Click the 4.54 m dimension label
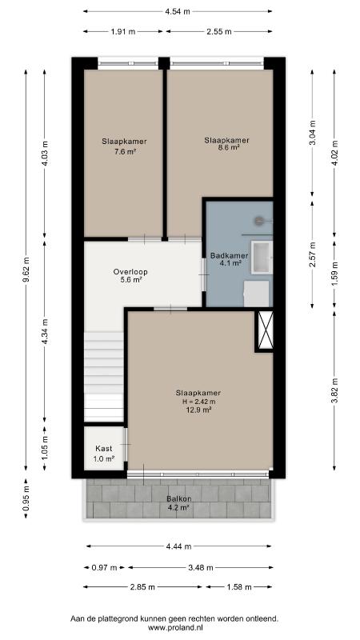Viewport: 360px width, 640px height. (178, 11)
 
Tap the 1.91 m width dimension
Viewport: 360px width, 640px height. (123, 31)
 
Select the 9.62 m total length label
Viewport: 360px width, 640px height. (26, 270)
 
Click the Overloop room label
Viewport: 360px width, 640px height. (130, 272)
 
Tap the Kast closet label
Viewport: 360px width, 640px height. (104, 449)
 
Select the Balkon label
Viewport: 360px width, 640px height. (179, 498)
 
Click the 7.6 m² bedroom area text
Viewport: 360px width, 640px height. (126, 151)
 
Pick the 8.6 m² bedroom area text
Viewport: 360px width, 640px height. (228, 148)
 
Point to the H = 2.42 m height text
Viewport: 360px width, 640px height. (198, 402)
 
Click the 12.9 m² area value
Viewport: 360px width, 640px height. (198, 410)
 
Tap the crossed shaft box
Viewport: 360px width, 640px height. (265, 330)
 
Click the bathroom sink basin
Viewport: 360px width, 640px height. (262, 257)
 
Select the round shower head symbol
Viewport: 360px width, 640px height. (259, 221)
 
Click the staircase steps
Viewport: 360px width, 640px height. (104, 376)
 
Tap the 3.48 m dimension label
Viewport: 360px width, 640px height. (201, 568)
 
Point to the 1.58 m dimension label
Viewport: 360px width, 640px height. (239, 587)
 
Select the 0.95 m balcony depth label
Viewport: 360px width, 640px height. (26, 498)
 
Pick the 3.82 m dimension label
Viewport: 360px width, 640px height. (334, 390)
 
